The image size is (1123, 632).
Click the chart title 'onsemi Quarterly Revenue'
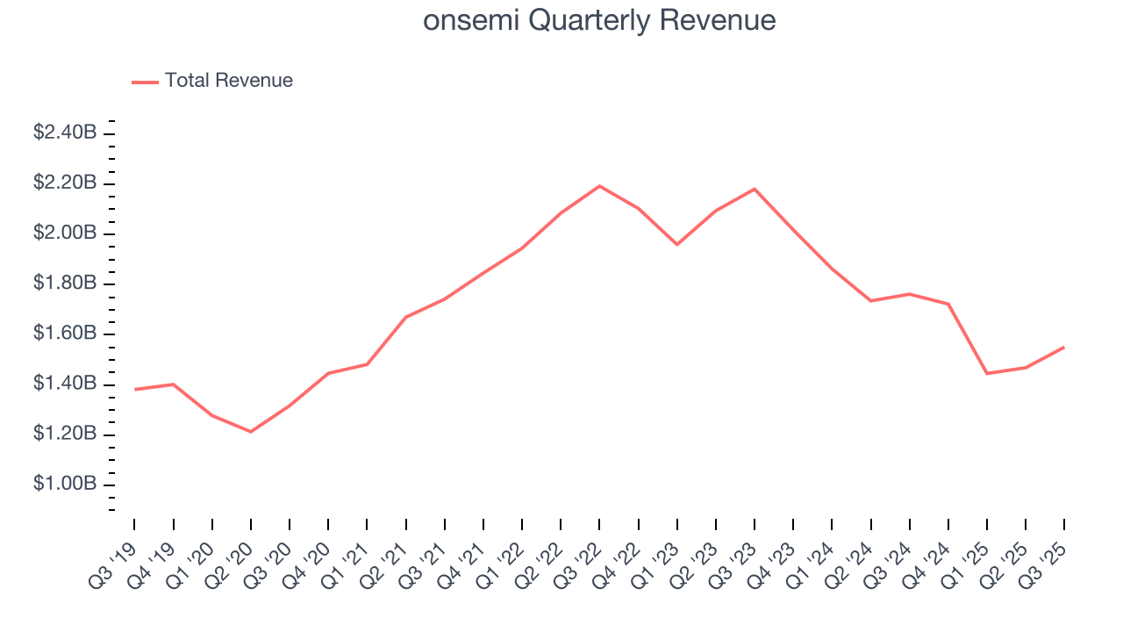pyautogui.click(x=599, y=20)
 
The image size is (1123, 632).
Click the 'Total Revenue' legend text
pyautogui.click(x=228, y=81)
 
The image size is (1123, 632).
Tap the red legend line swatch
pyautogui.click(x=145, y=82)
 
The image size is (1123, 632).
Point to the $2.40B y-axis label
pyautogui.click(x=65, y=133)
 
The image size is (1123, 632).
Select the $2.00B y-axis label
pyautogui.click(x=65, y=233)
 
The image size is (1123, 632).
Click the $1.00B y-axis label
pyautogui.click(x=65, y=485)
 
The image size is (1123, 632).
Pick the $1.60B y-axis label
pyautogui.click(x=65, y=334)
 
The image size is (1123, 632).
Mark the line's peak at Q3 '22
pyautogui.click(x=599, y=186)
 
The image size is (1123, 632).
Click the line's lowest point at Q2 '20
pyautogui.click(x=251, y=432)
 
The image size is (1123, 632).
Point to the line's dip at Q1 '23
pyautogui.click(x=676, y=244)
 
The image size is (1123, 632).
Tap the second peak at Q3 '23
pyautogui.click(x=755, y=189)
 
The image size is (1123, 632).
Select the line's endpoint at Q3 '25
pyautogui.click(x=1064, y=347)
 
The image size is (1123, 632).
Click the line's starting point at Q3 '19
pyautogui.click(x=134, y=389)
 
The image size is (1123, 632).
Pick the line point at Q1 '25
pyautogui.click(x=987, y=373)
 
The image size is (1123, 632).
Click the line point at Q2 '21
pyautogui.click(x=405, y=317)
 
